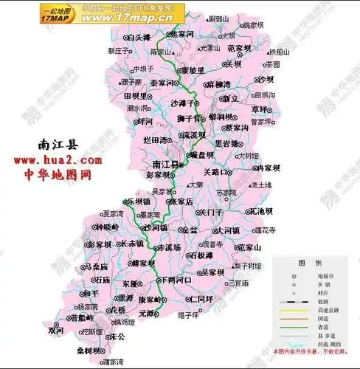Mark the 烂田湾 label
pos(156,139)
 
